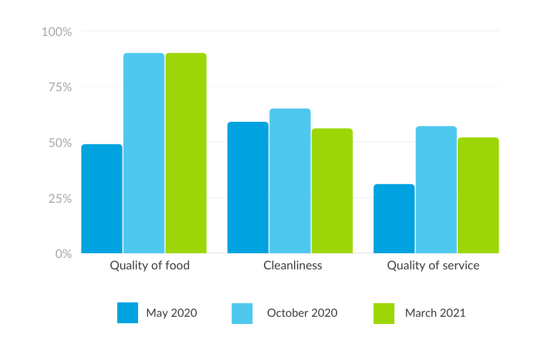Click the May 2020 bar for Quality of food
[x=102, y=199]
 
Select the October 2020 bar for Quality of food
[x=144, y=153]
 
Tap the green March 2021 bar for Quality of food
[x=186, y=153]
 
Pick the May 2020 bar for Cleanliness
[x=248, y=187]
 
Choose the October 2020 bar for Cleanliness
[x=290, y=181]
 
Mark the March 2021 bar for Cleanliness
[x=332, y=191]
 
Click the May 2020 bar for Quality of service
[x=394, y=218]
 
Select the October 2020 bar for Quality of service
[x=436, y=190]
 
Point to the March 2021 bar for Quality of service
[x=478, y=195]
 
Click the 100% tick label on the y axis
[x=57, y=32]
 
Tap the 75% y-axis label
[x=59, y=88]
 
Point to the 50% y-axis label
[x=59, y=143]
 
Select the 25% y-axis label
[x=59, y=199]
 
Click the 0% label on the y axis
[x=62, y=254]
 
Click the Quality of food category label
[x=150, y=265]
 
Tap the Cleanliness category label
[x=293, y=265]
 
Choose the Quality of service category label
[x=433, y=265]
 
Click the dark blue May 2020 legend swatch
[x=128, y=313]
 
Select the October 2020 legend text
[x=302, y=313]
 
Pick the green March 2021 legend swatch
[x=384, y=313]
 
